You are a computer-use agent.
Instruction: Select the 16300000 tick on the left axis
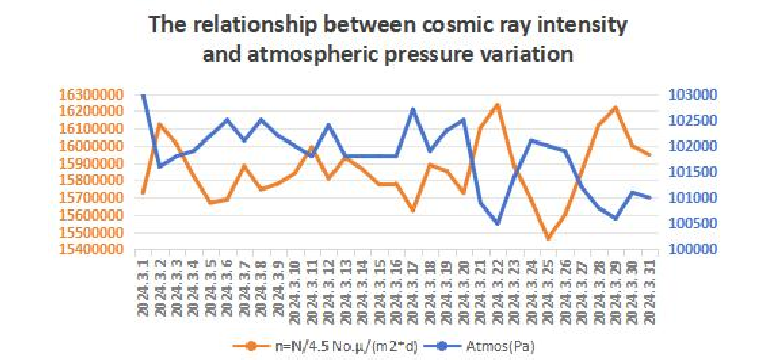91,95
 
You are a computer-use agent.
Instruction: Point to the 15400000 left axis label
91,249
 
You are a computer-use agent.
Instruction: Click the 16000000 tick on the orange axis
91,146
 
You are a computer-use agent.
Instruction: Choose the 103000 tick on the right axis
693,95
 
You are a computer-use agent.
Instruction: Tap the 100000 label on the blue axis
693,249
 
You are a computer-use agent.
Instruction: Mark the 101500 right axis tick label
693,172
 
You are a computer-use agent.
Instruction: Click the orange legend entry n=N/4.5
325,346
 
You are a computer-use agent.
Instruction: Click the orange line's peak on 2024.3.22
497,105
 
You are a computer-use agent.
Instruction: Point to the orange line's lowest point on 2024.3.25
548,238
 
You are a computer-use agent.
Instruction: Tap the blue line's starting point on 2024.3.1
143,95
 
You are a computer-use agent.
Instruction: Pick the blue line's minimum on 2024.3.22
497,224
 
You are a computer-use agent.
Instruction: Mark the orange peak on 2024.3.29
616,108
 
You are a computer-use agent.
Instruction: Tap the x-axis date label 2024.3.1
143,287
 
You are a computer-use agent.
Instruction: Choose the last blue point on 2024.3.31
649,198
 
